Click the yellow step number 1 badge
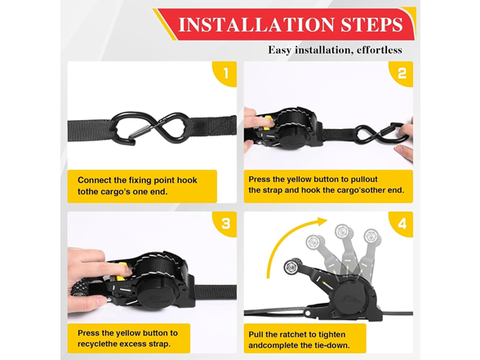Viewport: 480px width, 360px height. tap(224, 74)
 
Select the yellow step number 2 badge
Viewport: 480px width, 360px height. tap(402, 74)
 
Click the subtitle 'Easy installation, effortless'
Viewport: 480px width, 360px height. tap(335, 51)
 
